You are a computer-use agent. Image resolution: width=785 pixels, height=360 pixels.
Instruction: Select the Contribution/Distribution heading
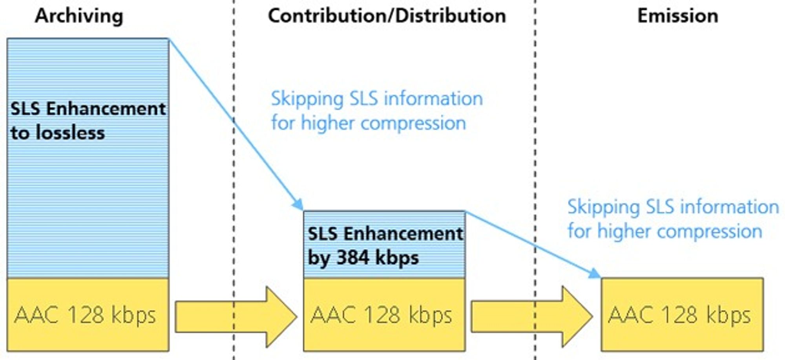(387, 16)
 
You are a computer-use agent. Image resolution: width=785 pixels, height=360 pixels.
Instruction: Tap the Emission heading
(678, 16)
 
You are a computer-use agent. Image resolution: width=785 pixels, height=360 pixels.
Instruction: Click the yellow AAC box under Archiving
(88, 314)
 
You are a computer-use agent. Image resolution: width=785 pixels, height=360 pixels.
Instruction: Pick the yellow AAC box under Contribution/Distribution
(384, 314)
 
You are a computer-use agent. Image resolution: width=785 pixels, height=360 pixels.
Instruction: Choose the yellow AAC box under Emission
(682, 314)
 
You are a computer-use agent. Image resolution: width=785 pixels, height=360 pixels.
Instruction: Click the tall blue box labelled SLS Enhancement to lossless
(88, 158)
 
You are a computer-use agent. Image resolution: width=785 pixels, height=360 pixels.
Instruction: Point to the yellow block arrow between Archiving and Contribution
(236, 317)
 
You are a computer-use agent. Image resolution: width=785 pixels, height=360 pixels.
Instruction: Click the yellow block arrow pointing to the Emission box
(532, 317)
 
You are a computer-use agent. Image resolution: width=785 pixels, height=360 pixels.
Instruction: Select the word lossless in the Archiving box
(70, 133)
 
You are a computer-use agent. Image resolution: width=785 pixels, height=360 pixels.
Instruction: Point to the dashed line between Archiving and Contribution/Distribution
(234, 180)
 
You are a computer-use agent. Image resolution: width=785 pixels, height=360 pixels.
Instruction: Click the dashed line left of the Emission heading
(535, 180)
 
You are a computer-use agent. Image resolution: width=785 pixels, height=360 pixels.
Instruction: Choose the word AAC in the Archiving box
(37, 315)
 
